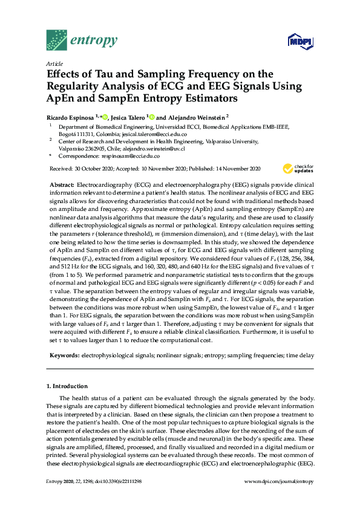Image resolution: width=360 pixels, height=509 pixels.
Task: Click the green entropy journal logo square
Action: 57,40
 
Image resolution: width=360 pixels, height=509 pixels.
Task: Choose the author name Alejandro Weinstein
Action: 196,116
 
